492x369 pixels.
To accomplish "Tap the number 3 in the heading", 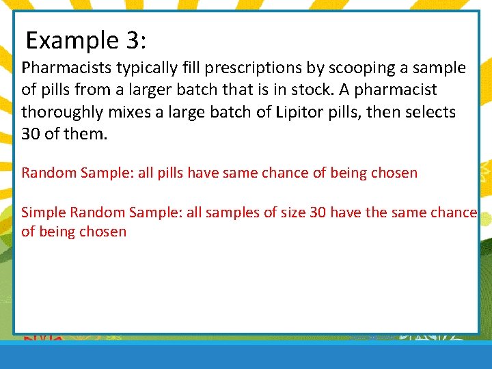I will tap(134, 41).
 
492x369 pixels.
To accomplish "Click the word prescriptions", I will tap(259, 68).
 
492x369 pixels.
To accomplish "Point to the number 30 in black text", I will tap(31, 134).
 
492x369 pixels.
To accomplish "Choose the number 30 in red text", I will tap(318, 213).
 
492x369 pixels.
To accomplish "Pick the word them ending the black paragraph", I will tap(86, 134).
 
